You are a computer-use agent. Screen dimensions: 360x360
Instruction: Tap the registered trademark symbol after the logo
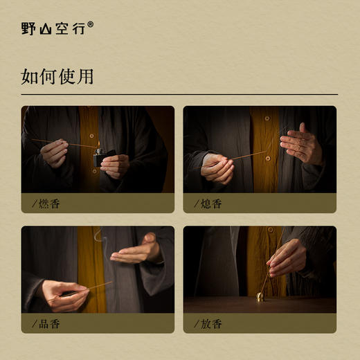90,24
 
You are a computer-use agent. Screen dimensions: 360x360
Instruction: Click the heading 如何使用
57,76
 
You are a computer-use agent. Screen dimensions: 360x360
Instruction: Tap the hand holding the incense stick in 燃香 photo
54,153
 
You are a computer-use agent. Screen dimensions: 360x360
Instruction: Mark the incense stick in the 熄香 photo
249,156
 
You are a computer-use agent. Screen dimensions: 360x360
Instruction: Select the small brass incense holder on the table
260,296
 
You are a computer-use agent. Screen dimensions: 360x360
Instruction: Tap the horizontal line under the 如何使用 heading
179,94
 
